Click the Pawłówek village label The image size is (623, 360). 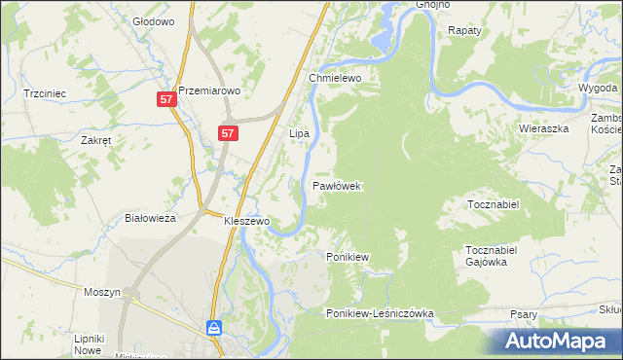[337, 185]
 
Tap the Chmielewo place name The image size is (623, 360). [335, 78]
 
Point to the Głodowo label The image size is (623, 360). [153, 20]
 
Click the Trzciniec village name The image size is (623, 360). [45, 93]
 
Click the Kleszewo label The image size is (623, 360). [246, 221]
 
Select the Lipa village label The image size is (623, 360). [299, 132]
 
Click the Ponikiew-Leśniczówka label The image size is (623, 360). [380, 313]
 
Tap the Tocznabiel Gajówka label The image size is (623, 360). [495, 256]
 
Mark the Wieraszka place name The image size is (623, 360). [543, 127]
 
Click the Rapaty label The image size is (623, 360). [465, 31]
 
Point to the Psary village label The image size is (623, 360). [525, 314]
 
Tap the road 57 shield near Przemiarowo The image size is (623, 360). [166, 99]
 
